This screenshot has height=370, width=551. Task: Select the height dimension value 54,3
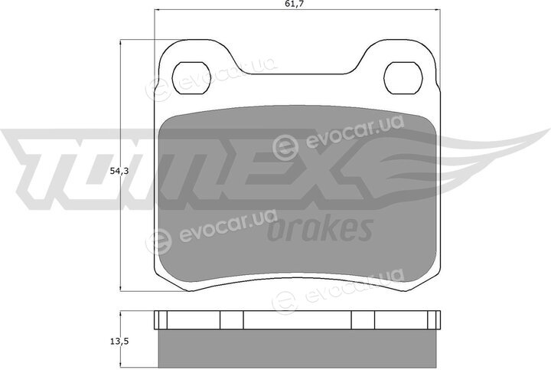click(x=119, y=172)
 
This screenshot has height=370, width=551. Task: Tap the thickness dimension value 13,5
click(x=119, y=341)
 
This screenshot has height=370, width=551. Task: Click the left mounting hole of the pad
click(x=191, y=78)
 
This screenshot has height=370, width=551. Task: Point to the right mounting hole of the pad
click(x=403, y=78)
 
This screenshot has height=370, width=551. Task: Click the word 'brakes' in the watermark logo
click(x=320, y=228)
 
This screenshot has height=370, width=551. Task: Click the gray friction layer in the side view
click(x=297, y=349)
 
